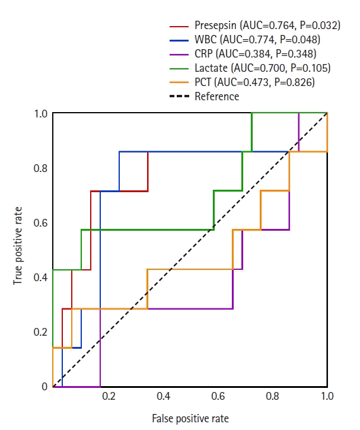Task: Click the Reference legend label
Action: tap(217, 97)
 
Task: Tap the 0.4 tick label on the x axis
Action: tap(163, 396)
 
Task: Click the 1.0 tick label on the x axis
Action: tap(326, 396)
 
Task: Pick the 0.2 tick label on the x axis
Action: tap(108, 396)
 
